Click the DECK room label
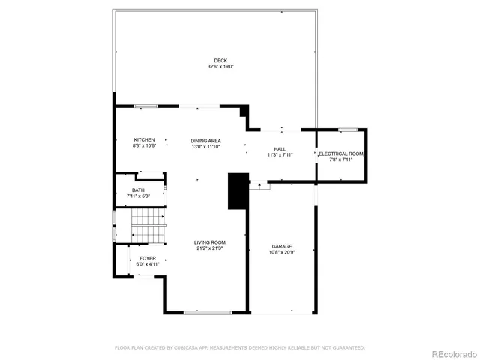tap(220, 61)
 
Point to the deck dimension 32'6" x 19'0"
tap(220, 67)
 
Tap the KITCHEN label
tap(144, 140)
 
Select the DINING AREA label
tap(205, 141)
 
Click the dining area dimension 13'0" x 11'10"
tap(205, 147)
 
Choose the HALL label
tap(280, 149)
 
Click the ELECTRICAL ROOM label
tap(342, 154)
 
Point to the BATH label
tap(138, 190)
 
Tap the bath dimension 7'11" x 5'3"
tap(138, 196)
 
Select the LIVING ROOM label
tap(210, 242)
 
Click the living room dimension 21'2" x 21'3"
tap(210, 248)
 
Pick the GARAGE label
tap(281, 246)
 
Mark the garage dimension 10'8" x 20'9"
tap(281, 252)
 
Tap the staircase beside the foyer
tap(148, 226)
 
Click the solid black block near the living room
tap(238, 191)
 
